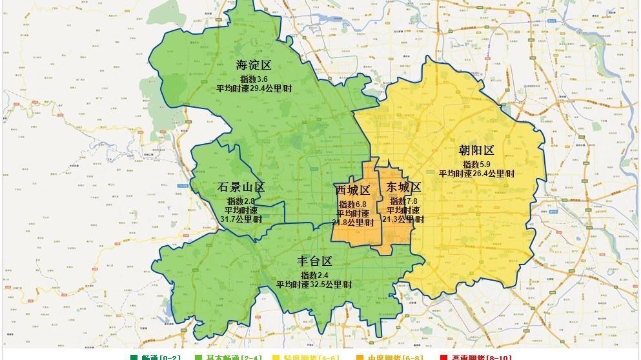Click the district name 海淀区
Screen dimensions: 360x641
tap(253, 65)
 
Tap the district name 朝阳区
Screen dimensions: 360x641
tap(476, 150)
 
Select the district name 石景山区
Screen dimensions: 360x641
tap(241, 188)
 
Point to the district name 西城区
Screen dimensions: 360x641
tap(352, 191)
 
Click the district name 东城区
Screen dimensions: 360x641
tap(403, 188)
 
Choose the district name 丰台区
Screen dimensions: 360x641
tap(314, 261)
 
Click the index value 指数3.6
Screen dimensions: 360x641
tap(254, 79)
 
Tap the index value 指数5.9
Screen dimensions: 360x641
tap(476, 165)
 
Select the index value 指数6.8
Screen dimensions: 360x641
tap(352, 205)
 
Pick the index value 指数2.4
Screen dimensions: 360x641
tap(314, 275)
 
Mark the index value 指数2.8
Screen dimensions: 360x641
tap(241, 201)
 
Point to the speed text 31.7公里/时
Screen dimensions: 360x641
tap(241, 219)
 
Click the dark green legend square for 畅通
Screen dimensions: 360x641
tap(134, 357)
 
